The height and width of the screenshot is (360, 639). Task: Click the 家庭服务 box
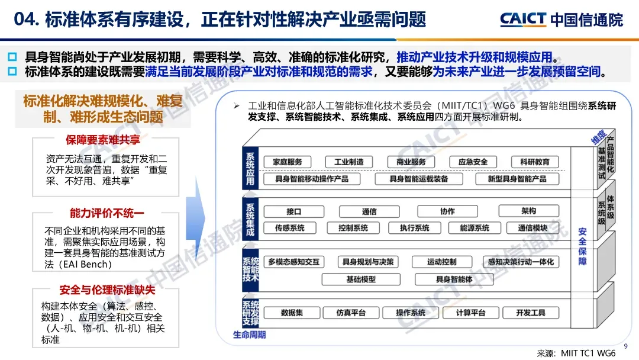[x=288, y=162]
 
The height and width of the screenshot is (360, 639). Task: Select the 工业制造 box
[x=349, y=162]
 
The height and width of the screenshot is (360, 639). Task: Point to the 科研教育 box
[x=534, y=162]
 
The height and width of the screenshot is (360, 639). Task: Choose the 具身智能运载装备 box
[x=418, y=178]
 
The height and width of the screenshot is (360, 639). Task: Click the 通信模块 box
[x=532, y=227]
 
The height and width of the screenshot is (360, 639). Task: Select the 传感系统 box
[x=289, y=227]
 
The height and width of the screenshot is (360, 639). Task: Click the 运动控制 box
[x=441, y=261]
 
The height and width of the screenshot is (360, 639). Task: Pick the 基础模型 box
[x=361, y=278]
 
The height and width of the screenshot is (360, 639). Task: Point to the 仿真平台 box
[x=351, y=312]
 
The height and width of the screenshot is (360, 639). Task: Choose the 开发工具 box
[x=530, y=312]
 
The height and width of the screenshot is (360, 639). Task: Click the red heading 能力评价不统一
[x=106, y=213]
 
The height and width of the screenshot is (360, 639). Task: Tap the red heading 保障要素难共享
[x=106, y=140]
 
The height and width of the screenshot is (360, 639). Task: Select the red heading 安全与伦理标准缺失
[x=106, y=290]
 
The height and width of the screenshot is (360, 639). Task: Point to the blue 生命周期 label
[x=249, y=335]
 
